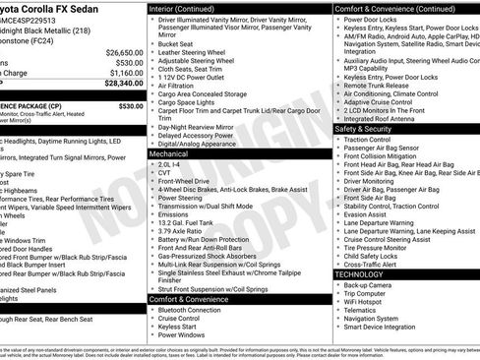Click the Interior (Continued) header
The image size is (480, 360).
191,8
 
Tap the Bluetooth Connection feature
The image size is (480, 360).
189,310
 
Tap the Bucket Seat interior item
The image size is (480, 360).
175,43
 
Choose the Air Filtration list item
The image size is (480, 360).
176,87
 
